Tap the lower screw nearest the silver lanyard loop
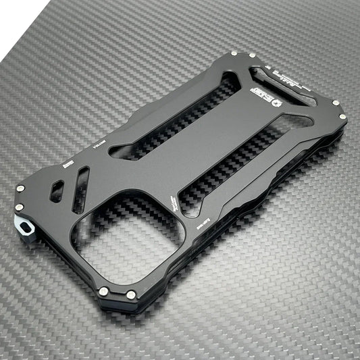(x=22, y=207)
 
